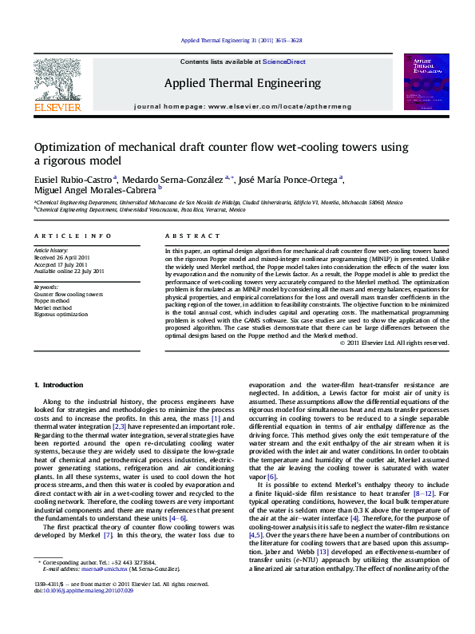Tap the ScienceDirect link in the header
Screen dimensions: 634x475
(x=284, y=61)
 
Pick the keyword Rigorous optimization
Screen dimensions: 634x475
(x=61, y=313)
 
